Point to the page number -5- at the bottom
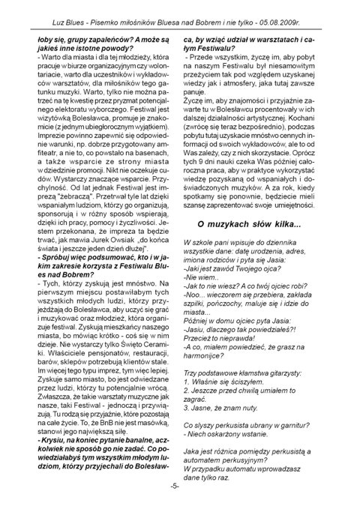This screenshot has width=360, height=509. click(x=180, y=487)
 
